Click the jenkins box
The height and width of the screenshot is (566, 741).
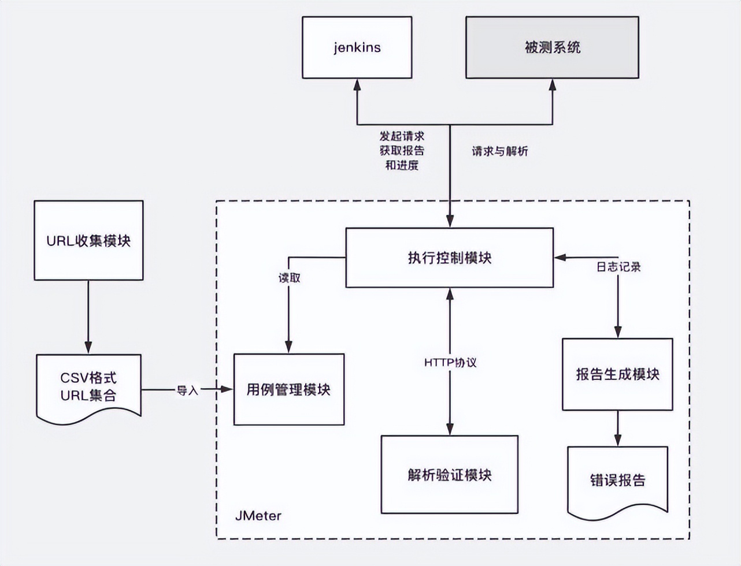coord(357,47)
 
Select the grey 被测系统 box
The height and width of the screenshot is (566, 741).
coord(552,47)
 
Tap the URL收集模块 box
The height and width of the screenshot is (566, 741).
coord(88,240)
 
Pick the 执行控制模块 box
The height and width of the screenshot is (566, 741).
coord(449,258)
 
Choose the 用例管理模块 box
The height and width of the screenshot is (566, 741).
coord(288,389)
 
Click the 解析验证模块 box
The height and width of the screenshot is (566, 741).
coord(449,475)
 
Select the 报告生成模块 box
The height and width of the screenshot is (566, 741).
coord(617,374)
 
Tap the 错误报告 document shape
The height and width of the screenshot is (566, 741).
coord(617,480)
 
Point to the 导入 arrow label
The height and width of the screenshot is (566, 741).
coord(187,390)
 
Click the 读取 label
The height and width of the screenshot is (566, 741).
coord(290,278)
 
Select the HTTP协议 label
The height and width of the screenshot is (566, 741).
coord(450,363)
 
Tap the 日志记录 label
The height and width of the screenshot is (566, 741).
coord(618,267)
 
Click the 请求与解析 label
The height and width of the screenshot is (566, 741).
coord(499,151)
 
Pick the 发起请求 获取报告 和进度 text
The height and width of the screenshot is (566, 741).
coord(402,150)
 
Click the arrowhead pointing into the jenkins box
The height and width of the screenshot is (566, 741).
coord(357,84)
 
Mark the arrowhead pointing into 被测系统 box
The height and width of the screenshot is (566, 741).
coord(552,85)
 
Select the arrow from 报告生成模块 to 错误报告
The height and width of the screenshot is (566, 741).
coord(617,428)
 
